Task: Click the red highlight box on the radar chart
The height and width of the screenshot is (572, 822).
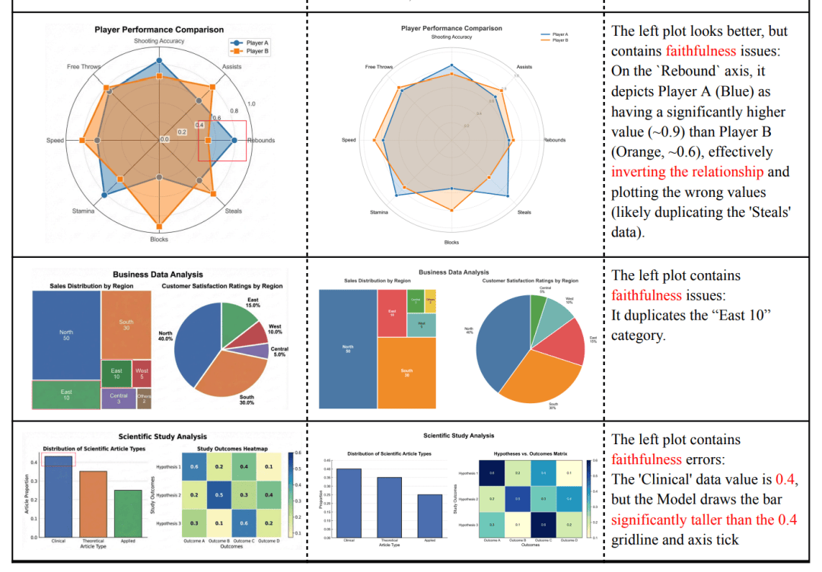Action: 222,140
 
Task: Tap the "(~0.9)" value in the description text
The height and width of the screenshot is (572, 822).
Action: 636,132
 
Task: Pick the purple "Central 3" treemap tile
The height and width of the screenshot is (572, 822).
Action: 118,399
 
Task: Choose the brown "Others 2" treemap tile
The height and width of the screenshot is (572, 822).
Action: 144,399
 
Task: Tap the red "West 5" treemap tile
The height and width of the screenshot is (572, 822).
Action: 142,373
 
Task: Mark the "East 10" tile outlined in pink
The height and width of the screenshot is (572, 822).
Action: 66,394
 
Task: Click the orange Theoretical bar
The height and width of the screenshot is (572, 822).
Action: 93,504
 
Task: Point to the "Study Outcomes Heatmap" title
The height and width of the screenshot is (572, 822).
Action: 226,449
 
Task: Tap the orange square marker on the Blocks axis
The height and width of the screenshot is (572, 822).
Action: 159,227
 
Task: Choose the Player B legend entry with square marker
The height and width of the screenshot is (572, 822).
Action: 250,52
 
